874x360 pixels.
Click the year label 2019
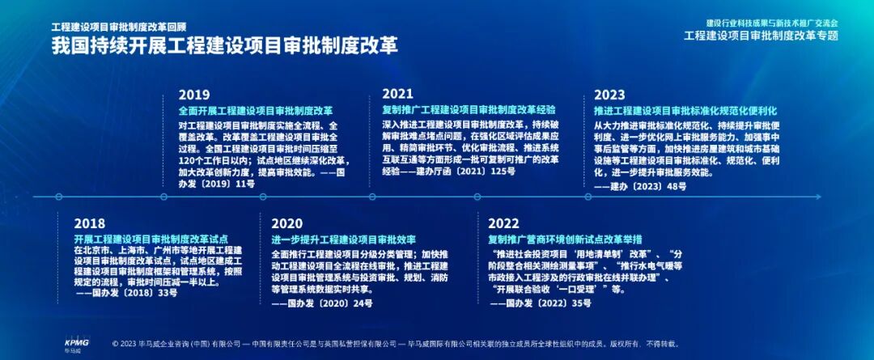tap(194, 94)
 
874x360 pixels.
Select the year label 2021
tap(397, 94)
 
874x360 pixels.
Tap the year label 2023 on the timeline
tap(609, 94)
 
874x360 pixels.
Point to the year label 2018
tap(90, 223)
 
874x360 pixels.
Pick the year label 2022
tap(503, 223)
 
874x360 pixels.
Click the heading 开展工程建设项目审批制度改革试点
tap(151, 239)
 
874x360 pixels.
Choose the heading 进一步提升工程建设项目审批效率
tap(343, 239)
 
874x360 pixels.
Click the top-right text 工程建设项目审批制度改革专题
tap(761, 36)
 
